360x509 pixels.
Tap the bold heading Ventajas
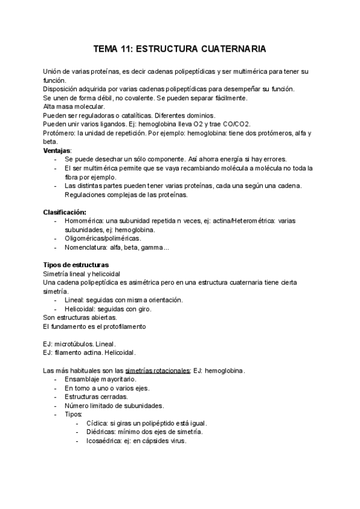click(57, 150)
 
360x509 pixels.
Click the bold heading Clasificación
click(64, 212)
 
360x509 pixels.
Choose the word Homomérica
click(84, 221)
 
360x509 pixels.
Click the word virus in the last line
click(178, 441)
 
